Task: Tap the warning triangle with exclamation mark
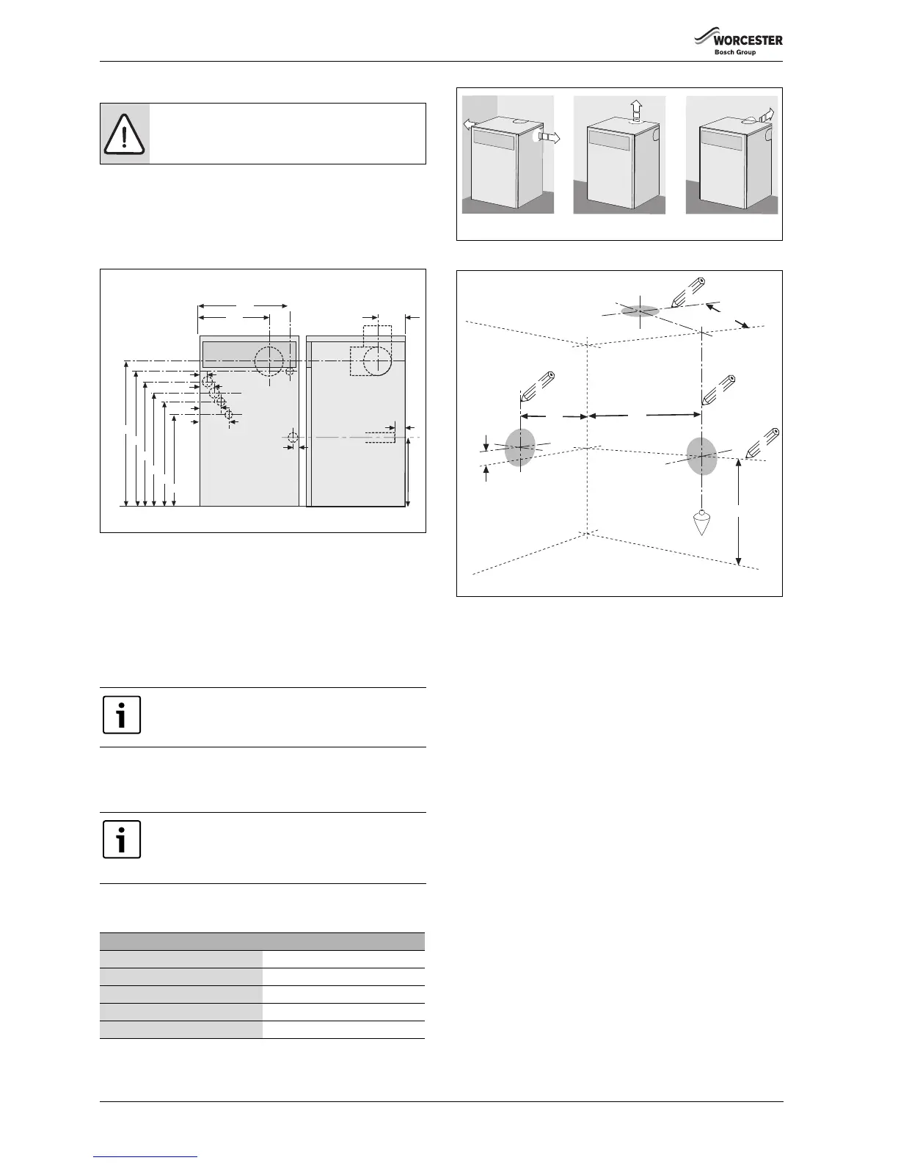(x=125, y=134)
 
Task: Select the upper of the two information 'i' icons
(x=122, y=715)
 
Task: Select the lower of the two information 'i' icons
(x=122, y=840)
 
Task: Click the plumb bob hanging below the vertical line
(x=703, y=522)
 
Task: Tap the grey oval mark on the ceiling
(x=640, y=311)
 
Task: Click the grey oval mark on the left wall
(x=520, y=446)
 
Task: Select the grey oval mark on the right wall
(x=701, y=456)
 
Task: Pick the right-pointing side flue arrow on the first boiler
(x=548, y=137)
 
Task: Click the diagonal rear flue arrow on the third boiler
(x=764, y=116)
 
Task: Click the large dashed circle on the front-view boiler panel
(x=269, y=361)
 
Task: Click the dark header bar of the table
(x=262, y=941)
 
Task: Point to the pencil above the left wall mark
(x=537, y=388)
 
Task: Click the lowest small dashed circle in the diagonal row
(x=228, y=416)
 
